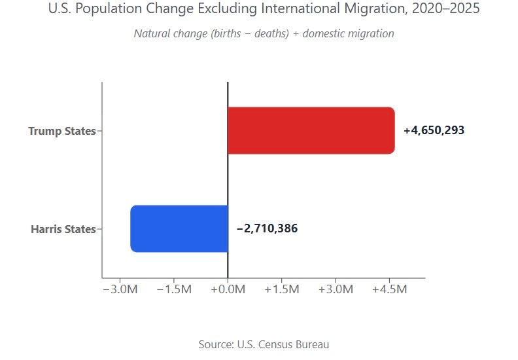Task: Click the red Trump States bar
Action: click(x=311, y=130)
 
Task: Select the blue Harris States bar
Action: click(x=179, y=228)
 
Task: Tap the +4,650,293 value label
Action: click(x=434, y=130)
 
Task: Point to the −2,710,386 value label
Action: click(x=267, y=228)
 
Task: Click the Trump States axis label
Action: click(x=61, y=131)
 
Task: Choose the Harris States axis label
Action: click(x=63, y=229)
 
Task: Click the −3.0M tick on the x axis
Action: click(x=120, y=289)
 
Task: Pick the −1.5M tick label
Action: click(x=174, y=289)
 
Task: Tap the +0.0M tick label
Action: click(x=228, y=289)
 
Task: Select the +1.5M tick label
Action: click(x=281, y=289)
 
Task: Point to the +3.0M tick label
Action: click(x=335, y=289)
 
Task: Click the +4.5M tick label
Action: click(x=389, y=289)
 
